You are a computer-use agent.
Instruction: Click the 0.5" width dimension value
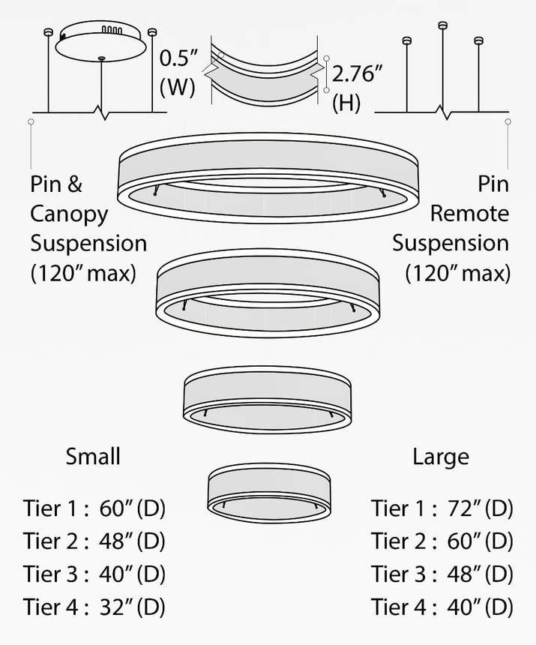pos(179,58)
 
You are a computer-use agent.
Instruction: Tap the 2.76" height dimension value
pos(358,74)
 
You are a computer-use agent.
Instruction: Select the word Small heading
pos(93,457)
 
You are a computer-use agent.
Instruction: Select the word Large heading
pos(441,457)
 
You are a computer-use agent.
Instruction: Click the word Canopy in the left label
pos(69,214)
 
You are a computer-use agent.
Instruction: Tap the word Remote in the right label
pos(469,214)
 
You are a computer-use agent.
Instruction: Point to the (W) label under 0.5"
pos(177,87)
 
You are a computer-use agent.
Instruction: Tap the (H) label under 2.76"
pos(346,103)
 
